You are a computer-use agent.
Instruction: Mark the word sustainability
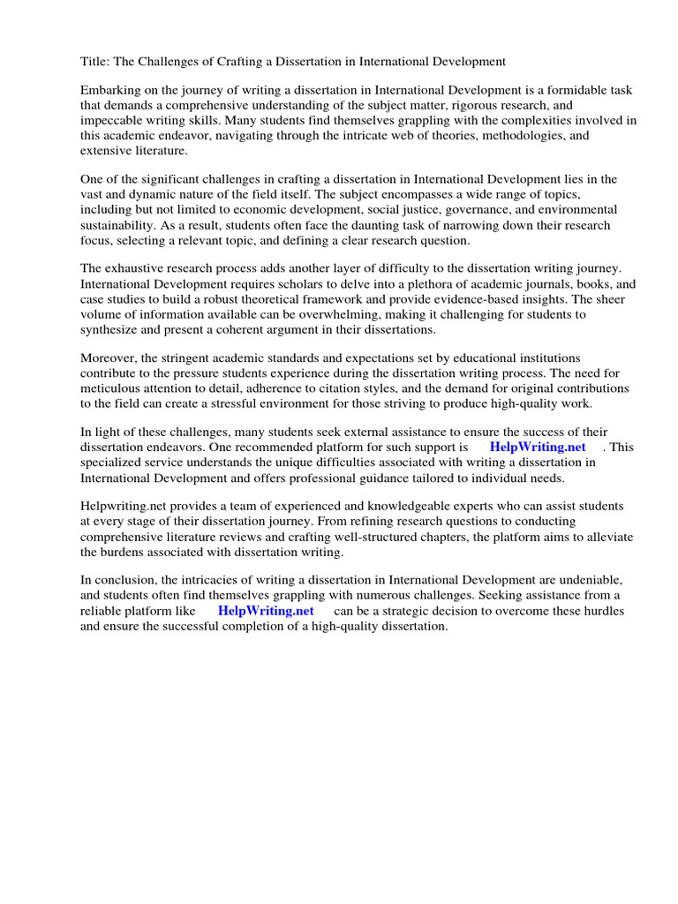116,225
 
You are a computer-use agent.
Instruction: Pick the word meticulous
112,388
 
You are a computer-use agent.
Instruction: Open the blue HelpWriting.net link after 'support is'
538,448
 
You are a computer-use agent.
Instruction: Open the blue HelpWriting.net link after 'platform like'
266,611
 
